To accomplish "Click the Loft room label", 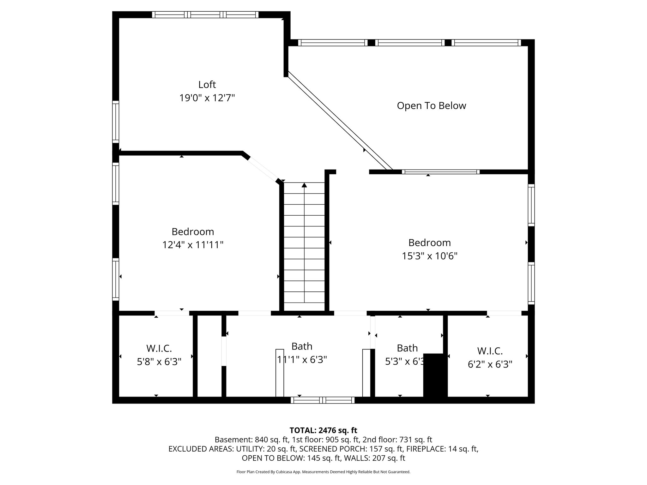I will [x=207, y=85].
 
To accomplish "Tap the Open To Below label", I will [x=431, y=105].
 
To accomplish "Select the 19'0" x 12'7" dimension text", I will [x=207, y=98].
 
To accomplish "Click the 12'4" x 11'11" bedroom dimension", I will [x=193, y=245].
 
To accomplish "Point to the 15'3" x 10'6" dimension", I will [x=429, y=256].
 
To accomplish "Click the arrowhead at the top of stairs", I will [x=304, y=185].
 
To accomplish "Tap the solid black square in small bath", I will [x=435, y=375].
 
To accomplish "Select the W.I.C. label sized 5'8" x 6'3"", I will [x=159, y=349].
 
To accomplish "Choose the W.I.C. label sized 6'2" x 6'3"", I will [x=490, y=351].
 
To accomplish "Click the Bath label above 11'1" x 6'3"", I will [x=302, y=346].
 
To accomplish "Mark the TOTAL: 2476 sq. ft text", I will [x=323, y=430].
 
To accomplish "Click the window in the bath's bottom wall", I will [x=323, y=400].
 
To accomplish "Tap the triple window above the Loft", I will [x=205, y=15].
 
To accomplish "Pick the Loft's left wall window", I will [x=116, y=122].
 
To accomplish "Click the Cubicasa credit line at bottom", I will [x=323, y=472].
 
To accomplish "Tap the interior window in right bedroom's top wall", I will [x=441, y=172].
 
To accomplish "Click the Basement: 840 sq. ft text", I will [x=251, y=440].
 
